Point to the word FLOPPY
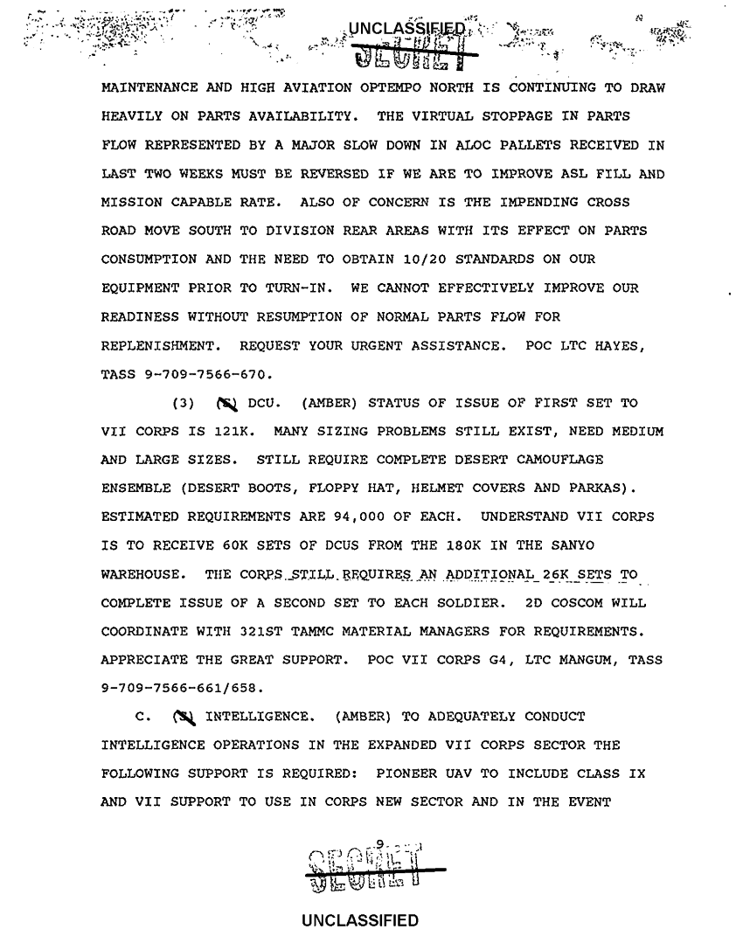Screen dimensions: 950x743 [x=314, y=489]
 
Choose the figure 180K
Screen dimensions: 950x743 [x=475, y=546]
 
